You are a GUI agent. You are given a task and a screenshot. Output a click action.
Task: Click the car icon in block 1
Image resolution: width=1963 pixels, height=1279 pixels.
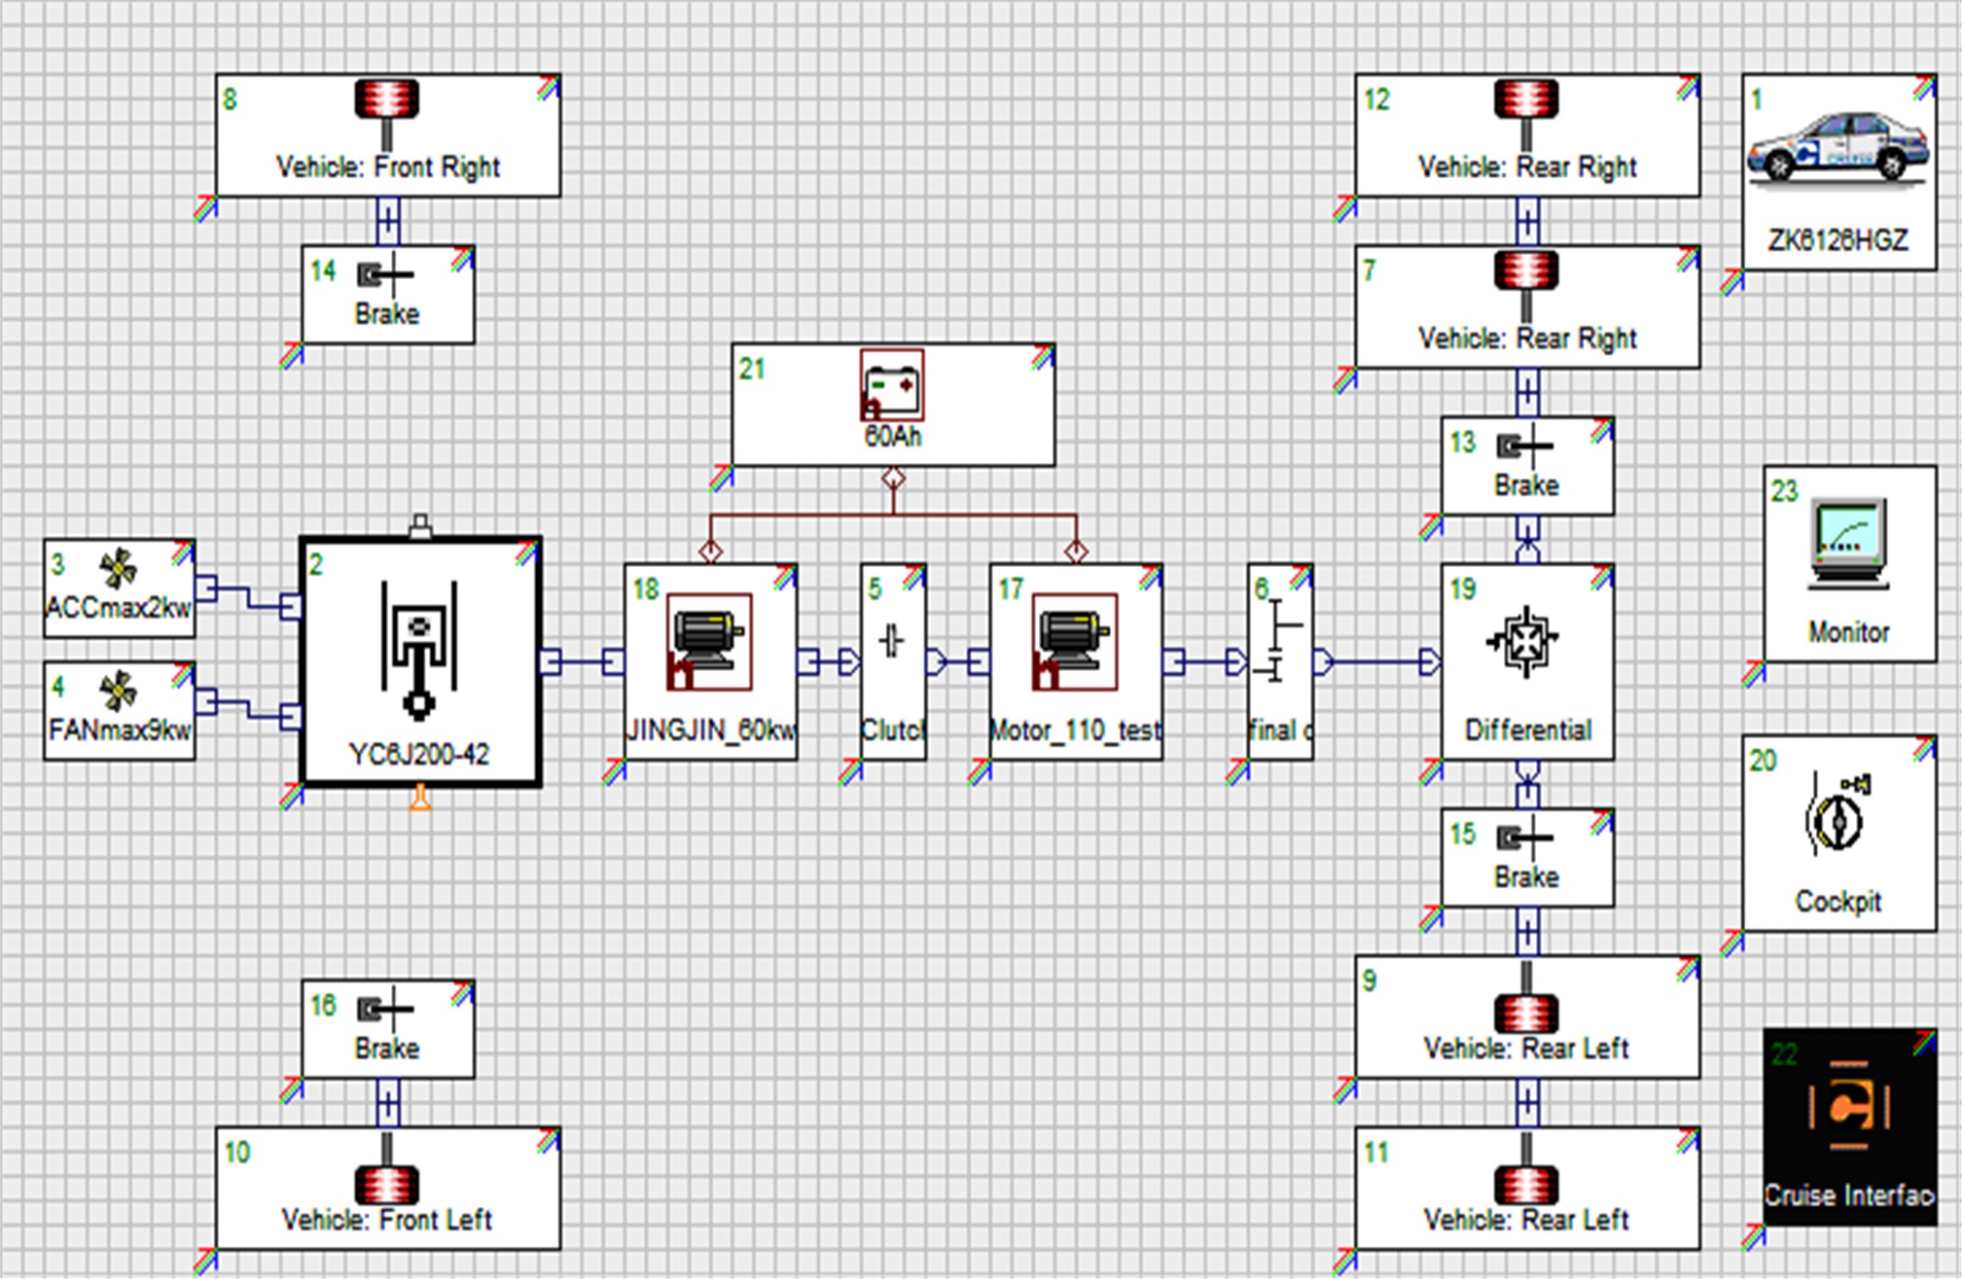click(1837, 147)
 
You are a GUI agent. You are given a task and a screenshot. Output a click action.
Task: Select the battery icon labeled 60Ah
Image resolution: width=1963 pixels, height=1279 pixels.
click(892, 385)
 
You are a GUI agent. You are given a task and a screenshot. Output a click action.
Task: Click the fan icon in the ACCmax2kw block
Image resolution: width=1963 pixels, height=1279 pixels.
click(119, 569)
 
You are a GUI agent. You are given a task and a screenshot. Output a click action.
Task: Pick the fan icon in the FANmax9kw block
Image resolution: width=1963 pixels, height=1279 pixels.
click(119, 692)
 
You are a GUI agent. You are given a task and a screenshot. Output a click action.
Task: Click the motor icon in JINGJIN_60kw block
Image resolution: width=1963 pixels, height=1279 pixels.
click(709, 642)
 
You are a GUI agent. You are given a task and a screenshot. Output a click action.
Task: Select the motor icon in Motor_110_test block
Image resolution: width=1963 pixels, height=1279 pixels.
click(1074, 642)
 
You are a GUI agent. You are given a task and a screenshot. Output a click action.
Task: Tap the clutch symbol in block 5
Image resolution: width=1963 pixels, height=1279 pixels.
click(892, 641)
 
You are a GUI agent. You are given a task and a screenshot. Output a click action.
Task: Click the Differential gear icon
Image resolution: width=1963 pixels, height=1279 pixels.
click(1524, 641)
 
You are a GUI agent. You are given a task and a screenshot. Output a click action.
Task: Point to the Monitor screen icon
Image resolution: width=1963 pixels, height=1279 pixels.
click(1848, 544)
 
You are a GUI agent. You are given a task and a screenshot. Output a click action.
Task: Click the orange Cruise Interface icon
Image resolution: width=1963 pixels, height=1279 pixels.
click(1847, 1106)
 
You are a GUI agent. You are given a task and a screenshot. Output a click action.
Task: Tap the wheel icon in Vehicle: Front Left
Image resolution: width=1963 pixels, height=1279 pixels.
click(386, 1184)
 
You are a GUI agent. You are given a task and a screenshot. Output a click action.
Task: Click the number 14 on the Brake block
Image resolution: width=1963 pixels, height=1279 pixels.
click(323, 271)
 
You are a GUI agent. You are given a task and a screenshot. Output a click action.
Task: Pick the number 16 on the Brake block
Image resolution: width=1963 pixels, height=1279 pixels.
click(323, 1006)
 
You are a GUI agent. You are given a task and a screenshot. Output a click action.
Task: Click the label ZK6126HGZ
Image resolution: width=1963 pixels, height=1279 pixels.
click(1838, 240)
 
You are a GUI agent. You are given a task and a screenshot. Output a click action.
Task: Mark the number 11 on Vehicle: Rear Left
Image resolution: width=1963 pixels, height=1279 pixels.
click(1375, 1154)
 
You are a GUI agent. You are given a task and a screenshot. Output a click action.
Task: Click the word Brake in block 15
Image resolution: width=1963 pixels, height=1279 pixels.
click(1526, 877)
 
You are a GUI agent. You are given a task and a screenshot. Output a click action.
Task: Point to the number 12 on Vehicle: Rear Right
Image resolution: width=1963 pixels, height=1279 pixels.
click(1376, 100)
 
